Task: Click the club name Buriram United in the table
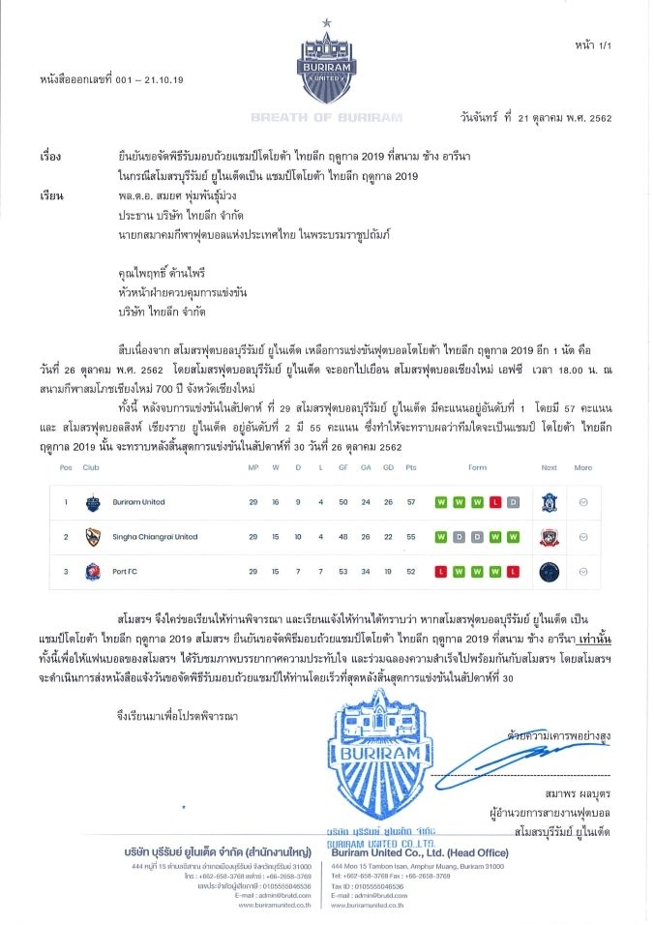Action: point(138,502)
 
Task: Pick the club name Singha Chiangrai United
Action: point(154,536)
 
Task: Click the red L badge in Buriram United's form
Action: point(494,502)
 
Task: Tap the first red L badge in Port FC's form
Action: point(441,571)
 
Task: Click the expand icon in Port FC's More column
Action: point(581,571)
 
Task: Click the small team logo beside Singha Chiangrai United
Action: point(92,536)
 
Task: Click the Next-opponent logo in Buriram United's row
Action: point(549,502)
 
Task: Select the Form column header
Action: point(477,467)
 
